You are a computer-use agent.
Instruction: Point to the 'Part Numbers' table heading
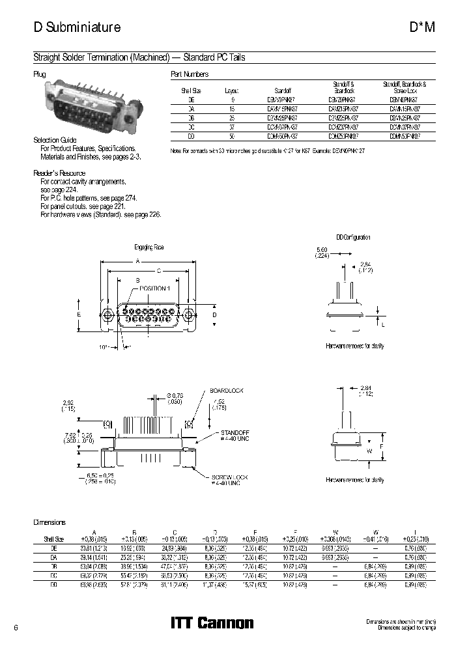190,75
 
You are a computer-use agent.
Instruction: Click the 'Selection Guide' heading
55,141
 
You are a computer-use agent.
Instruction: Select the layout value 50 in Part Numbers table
232,137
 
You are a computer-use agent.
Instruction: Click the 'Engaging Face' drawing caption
149,247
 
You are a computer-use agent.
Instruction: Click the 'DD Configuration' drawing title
353,238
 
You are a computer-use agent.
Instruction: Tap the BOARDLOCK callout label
226,390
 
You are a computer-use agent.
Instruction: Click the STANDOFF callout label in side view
234,432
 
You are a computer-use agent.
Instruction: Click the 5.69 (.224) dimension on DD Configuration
322,253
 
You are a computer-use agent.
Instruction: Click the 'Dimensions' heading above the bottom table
50,522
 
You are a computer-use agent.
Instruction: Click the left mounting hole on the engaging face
108,315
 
